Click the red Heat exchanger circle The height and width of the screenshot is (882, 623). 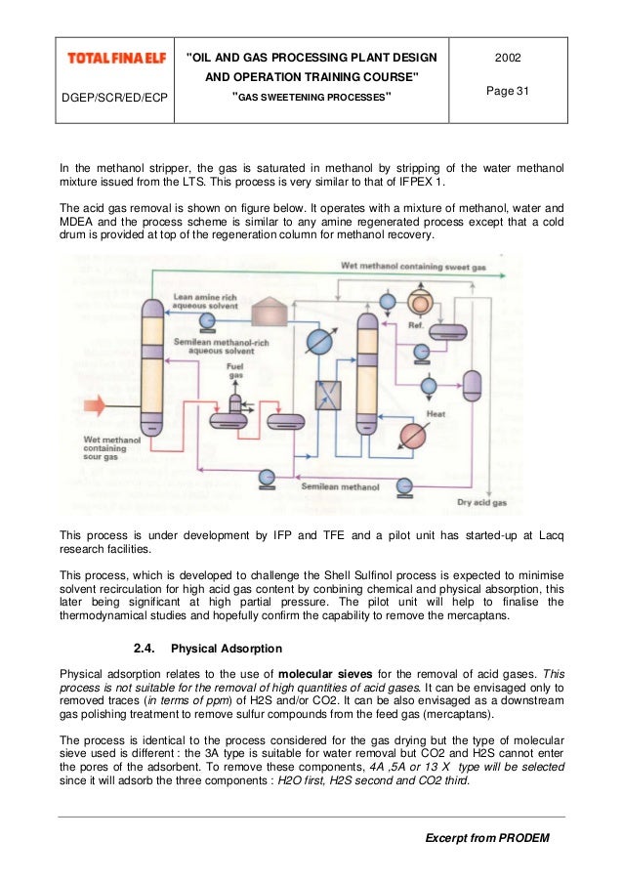pos(413,435)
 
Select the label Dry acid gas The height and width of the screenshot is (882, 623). pos(481,503)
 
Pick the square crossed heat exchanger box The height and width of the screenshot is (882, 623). pos(327,396)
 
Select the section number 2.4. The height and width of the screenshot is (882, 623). pos(144,648)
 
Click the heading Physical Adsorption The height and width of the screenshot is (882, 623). pos(227,648)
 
